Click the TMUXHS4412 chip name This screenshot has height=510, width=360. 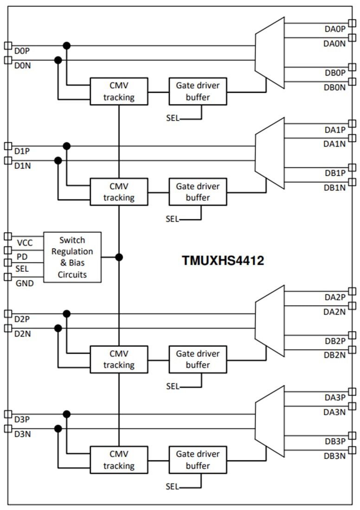click(223, 261)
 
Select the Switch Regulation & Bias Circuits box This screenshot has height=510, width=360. click(72, 257)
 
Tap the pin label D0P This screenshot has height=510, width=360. click(22, 51)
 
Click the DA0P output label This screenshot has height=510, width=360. click(335, 29)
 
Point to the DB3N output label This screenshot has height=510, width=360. click(335, 456)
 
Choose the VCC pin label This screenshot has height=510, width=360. click(25, 243)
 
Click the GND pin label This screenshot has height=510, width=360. click(25, 283)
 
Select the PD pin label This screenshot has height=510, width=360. click(22, 256)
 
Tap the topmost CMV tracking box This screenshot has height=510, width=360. click(119, 91)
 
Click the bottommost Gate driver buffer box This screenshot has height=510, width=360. click(198, 460)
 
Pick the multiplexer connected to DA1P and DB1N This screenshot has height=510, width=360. click(270, 153)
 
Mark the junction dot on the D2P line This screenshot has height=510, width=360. click(67, 314)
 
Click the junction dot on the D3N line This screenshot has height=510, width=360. click(58, 429)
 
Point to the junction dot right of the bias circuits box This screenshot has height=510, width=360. click(119, 257)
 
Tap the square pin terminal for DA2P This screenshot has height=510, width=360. click(352, 292)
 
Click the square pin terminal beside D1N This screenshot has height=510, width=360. click(7, 161)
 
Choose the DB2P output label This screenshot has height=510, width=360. click(335, 341)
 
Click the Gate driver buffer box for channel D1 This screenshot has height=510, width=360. click(198, 192)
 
